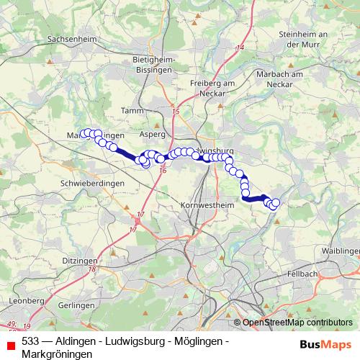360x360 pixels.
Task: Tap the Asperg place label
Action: tap(152, 134)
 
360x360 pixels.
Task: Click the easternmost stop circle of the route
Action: tap(275, 203)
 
